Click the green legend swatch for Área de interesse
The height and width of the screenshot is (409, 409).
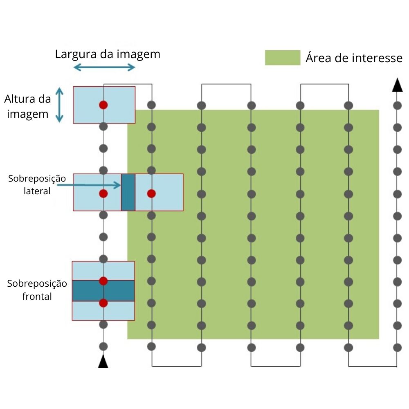(x=283, y=58)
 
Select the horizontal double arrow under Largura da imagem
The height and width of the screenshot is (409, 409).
(x=104, y=67)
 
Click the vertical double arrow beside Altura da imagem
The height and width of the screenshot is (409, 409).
(x=59, y=105)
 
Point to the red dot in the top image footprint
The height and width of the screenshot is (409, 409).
(x=103, y=105)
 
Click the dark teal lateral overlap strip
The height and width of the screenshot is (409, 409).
(x=128, y=192)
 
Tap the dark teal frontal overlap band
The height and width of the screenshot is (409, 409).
(x=103, y=290)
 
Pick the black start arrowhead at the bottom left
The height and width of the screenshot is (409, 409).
(x=103, y=362)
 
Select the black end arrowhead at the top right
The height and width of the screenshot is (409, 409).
(x=397, y=85)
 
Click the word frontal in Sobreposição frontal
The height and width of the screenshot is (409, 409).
(x=37, y=297)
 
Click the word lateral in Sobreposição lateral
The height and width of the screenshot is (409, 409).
(x=37, y=191)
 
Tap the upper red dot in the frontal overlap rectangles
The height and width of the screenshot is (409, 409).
(x=103, y=281)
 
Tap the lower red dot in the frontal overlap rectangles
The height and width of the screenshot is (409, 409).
(x=103, y=303)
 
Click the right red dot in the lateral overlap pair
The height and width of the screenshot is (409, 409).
(x=151, y=193)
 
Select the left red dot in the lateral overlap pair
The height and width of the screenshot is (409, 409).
(x=103, y=193)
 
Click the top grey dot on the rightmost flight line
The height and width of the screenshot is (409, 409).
(x=397, y=106)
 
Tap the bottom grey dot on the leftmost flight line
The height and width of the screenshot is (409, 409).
(x=103, y=347)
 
